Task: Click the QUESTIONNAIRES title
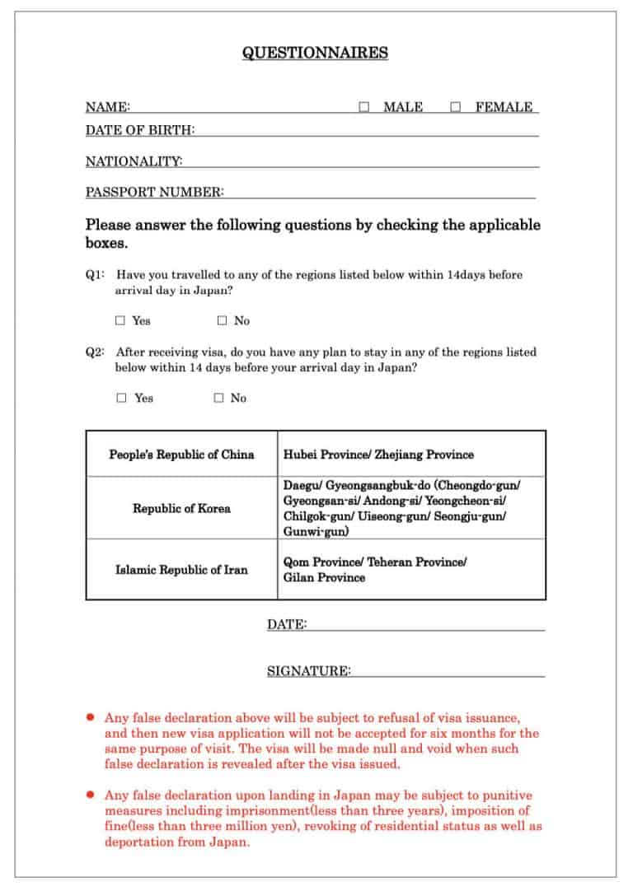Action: tap(315, 53)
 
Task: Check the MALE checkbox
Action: tap(364, 107)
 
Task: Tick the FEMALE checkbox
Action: tap(456, 107)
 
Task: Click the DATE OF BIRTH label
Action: tap(140, 129)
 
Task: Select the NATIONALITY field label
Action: tap(134, 161)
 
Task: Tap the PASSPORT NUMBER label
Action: tap(154, 193)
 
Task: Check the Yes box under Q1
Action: tap(120, 320)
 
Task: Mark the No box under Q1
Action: tap(222, 320)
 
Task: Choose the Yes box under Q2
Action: tap(121, 398)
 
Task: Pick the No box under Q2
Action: tap(218, 398)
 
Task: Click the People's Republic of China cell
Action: tap(181, 455)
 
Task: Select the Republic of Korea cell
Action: tap(181, 508)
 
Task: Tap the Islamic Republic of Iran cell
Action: tap(181, 570)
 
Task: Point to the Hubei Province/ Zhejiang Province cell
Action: tap(378, 455)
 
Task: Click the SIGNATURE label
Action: tap(308, 671)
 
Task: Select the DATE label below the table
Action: tap(286, 625)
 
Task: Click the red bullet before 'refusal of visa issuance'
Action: tap(91, 717)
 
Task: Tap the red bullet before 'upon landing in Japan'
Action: tap(91, 795)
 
